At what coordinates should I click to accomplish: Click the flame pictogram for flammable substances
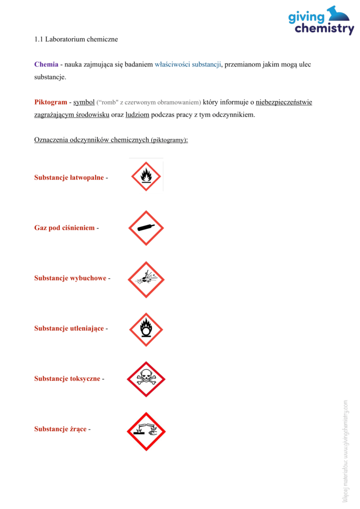point(146,176)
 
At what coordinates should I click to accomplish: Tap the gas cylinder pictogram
point(146,228)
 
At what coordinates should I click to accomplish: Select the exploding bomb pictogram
point(146,279)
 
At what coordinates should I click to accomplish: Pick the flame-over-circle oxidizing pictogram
point(146,329)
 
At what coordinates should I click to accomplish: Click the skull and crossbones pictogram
point(146,379)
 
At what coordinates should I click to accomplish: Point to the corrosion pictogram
point(146,431)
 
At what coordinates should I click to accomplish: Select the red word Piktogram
point(51,102)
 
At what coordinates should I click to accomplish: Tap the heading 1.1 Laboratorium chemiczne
point(76,39)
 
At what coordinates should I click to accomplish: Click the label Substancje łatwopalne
point(69,177)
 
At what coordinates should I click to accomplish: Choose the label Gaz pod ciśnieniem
point(65,228)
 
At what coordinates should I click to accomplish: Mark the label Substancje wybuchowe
point(70,278)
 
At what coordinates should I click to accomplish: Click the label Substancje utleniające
point(69,328)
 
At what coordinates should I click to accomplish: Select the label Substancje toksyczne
point(67,378)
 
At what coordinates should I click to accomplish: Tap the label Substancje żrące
point(60,428)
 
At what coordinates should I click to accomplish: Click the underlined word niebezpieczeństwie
point(284,102)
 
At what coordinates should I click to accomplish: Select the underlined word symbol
point(84,102)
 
